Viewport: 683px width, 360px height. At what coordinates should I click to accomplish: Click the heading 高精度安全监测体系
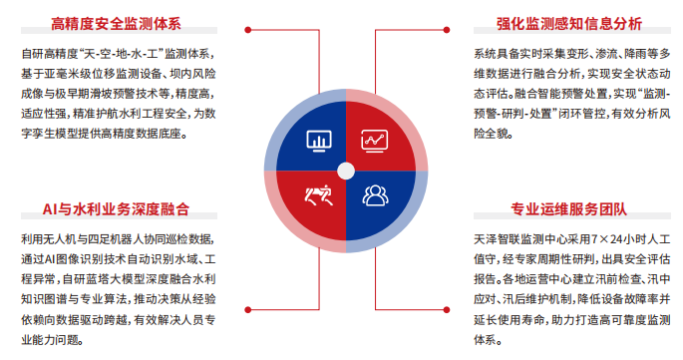[x=116, y=24]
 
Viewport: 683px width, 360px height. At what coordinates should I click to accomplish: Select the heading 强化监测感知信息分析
[x=569, y=24]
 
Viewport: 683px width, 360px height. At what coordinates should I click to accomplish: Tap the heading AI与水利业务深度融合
[x=116, y=209]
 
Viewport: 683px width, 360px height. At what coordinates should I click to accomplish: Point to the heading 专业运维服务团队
[x=569, y=209]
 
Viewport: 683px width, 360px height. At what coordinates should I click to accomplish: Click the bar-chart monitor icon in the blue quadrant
[x=319, y=141]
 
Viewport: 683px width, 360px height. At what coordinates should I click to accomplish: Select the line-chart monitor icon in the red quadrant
[x=374, y=141]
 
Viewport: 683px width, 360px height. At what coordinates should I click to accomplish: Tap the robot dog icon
[x=319, y=195]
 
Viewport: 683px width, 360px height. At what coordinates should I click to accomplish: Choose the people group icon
[x=375, y=195]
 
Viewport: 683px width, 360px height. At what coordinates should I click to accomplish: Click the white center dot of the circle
[x=346, y=172]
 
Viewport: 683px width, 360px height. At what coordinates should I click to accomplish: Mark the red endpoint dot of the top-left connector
[x=248, y=30]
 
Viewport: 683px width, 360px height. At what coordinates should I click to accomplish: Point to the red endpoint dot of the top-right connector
[x=447, y=30]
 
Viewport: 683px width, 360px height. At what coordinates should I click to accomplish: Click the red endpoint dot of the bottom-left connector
[x=248, y=310]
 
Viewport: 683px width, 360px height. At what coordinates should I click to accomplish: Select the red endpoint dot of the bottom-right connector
[x=447, y=310]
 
